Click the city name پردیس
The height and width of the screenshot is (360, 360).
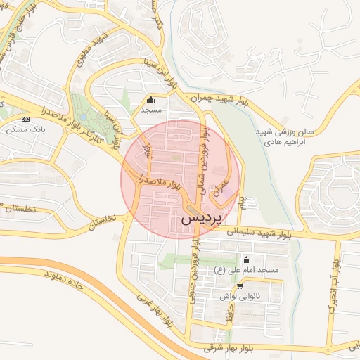pos(201,219)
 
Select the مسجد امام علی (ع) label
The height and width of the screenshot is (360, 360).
pos(247,270)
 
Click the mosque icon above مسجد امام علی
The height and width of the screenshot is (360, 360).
pos(245,259)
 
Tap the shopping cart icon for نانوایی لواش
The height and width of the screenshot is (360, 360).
pos(240,285)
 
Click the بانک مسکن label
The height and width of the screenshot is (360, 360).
pos(24,129)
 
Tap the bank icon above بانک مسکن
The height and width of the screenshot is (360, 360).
pos(26,119)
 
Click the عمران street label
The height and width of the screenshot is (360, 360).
pos(223,185)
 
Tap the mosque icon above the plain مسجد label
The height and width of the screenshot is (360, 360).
pos(150,99)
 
